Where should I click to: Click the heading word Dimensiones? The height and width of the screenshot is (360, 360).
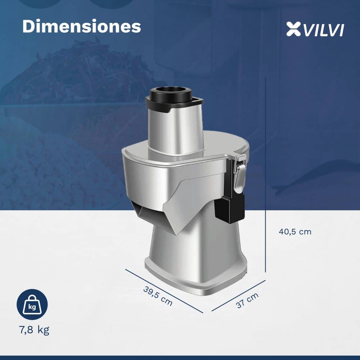(x=81, y=26)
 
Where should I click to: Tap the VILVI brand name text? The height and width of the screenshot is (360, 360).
(x=324, y=30)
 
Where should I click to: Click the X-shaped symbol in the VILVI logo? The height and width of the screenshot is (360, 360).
(x=293, y=29)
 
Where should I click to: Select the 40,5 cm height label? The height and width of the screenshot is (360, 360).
(x=295, y=231)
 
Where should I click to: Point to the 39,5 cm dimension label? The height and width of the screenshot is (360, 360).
(x=158, y=296)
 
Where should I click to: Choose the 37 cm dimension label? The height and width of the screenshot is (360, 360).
(x=247, y=300)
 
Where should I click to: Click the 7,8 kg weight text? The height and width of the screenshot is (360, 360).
(x=34, y=330)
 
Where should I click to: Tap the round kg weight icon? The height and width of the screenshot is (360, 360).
(x=32, y=305)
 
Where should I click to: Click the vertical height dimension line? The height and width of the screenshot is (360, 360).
(x=266, y=175)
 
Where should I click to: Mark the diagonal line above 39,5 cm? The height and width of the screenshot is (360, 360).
(x=164, y=291)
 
